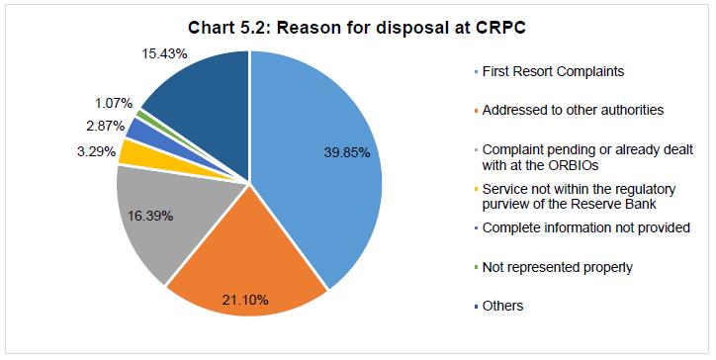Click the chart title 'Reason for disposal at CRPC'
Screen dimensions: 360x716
357,26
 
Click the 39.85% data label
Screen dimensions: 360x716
351,151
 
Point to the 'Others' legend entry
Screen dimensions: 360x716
502,306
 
